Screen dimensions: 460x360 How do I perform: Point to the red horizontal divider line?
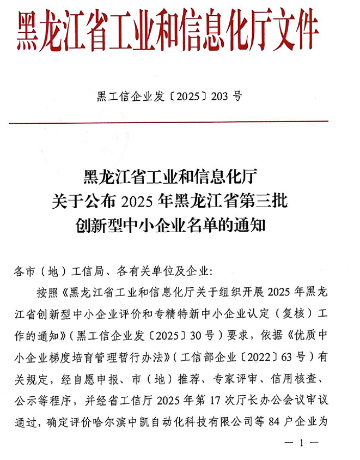click(180, 121)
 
